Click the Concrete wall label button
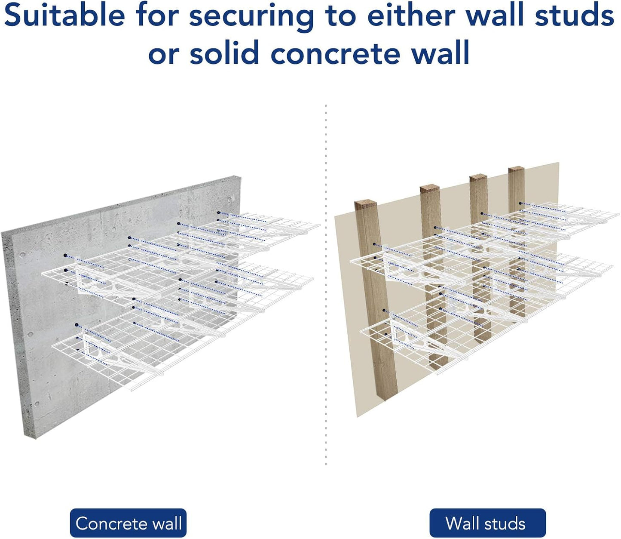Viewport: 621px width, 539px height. click(x=128, y=523)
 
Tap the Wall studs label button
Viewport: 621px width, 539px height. click(x=487, y=523)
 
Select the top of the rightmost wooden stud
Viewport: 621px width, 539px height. click(x=516, y=169)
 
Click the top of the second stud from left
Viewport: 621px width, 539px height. click(x=430, y=188)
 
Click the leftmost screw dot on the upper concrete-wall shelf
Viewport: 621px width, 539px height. click(x=65, y=256)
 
